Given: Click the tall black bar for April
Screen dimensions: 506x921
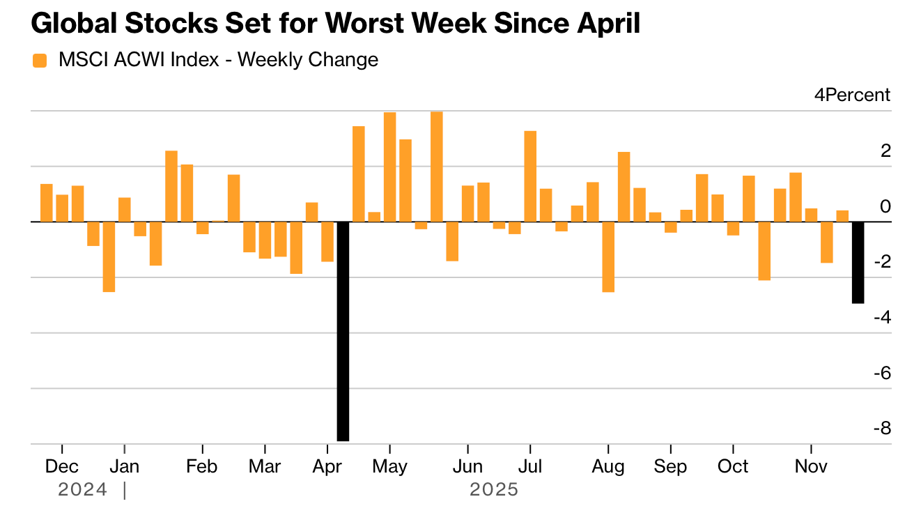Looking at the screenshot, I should click(343, 331).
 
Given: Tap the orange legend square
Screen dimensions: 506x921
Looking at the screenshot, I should click(40, 61).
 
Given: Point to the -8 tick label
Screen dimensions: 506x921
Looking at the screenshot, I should click(881, 428).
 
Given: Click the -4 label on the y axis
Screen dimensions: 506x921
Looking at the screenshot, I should click(881, 317).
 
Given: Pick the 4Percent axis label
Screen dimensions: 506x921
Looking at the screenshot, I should click(852, 95).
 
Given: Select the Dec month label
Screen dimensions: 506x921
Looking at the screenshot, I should click(61, 466).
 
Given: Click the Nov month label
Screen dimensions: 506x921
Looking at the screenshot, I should click(811, 466).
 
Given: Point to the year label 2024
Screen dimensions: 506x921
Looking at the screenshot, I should click(82, 490).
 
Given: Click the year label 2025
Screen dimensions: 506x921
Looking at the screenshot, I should click(494, 490).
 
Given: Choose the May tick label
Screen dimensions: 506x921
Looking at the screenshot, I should click(389, 466).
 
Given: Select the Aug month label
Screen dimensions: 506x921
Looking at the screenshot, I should click(608, 466).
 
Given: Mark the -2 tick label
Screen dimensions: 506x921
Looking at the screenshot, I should click(881, 261).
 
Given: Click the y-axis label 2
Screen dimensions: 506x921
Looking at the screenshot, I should click(885, 151).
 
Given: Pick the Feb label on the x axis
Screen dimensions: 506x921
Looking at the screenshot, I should click(202, 466).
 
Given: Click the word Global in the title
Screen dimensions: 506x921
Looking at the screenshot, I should click(74, 24).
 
